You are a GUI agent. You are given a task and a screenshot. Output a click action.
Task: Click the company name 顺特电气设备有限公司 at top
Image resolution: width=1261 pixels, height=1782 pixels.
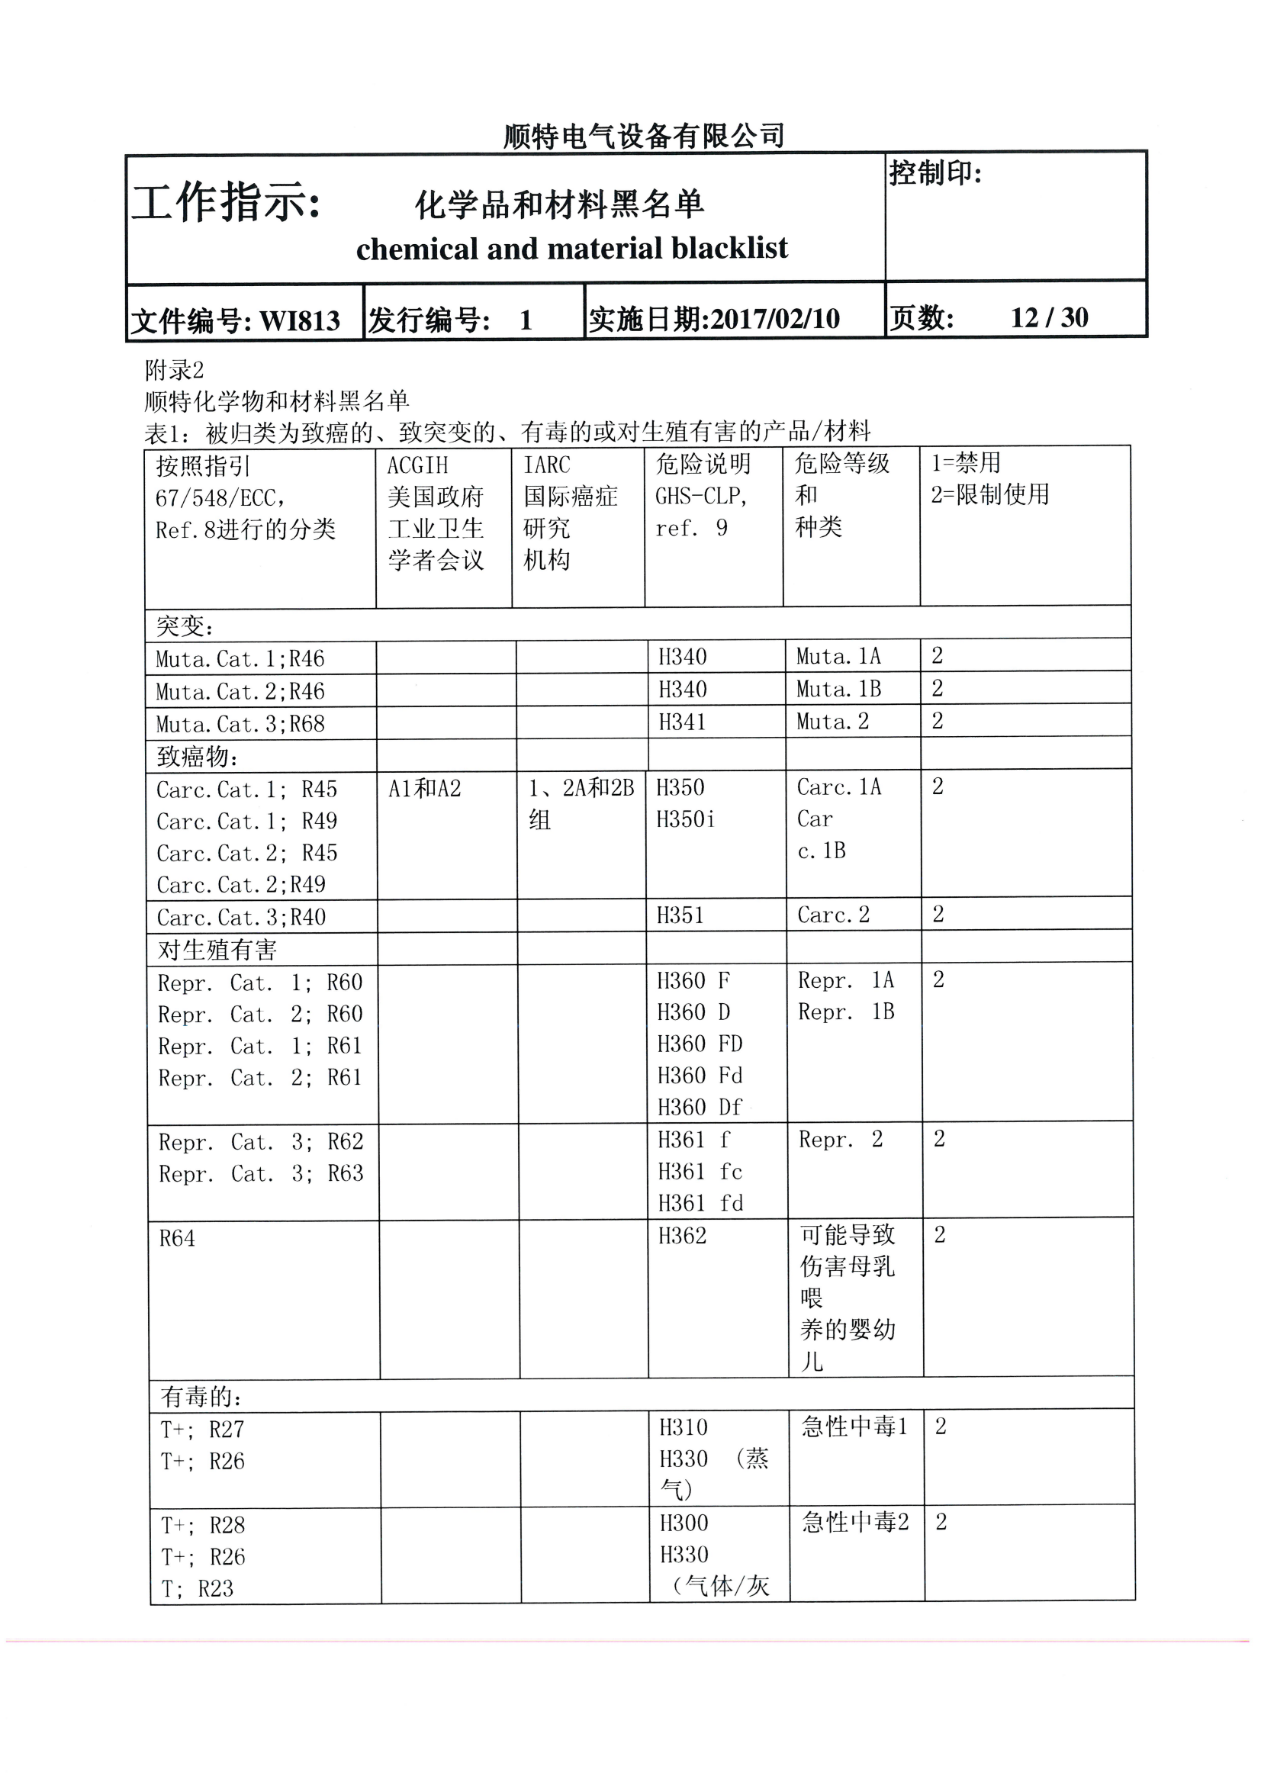pyautogui.click(x=644, y=137)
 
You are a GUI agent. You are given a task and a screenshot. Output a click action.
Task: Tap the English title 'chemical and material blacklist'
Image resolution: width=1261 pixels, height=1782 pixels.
pyautogui.click(x=571, y=249)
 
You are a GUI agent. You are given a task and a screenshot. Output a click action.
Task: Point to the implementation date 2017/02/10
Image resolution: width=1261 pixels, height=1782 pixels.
pyautogui.click(x=774, y=318)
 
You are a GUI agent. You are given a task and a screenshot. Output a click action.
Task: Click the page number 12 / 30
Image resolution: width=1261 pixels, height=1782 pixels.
pyautogui.click(x=1049, y=317)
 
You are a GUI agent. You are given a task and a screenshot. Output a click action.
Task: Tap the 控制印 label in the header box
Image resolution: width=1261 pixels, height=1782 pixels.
pyautogui.click(x=935, y=173)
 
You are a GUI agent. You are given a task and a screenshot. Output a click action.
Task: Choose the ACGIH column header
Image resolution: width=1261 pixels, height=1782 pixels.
pyautogui.click(x=418, y=465)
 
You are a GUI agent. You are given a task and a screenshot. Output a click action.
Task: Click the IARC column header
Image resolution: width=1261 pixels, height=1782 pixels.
pyautogui.click(x=547, y=465)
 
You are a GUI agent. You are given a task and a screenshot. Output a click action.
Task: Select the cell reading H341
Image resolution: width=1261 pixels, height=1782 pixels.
pyautogui.click(x=683, y=722)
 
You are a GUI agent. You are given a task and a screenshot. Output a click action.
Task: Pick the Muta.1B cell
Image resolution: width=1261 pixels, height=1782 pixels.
pyautogui.click(x=838, y=690)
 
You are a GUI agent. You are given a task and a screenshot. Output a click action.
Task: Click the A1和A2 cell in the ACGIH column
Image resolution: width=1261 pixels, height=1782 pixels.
pyautogui.click(x=425, y=789)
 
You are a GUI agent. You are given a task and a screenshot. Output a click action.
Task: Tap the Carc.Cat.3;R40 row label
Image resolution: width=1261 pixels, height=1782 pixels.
pyautogui.click(x=242, y=918)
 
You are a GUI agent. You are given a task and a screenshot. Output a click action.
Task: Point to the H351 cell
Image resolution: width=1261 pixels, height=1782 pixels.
pyautogui.click(x=680, y=915)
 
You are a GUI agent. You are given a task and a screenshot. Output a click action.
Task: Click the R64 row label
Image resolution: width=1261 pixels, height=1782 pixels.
pyautogui.click(x=177, y=1238)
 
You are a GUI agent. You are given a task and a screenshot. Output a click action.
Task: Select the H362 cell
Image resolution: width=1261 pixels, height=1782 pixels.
pyautogui.click(x=683, y=1236)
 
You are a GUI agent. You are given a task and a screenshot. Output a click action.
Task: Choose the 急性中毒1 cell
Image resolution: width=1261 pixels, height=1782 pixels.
pyautogui.click(x=854, y=1427)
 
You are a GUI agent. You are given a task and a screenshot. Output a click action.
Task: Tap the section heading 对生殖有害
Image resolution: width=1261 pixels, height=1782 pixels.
pyautogui.click(x=217, y=951)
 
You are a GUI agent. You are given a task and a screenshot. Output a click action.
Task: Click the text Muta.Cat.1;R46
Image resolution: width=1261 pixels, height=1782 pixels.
pyautogui.click(x=240, y=659)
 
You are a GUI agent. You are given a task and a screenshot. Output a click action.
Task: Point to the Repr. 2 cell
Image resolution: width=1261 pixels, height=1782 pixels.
pyautogui.click(x=841, y=1140)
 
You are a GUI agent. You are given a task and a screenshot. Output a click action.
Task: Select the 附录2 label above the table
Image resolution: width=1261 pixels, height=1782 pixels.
pyautogui.click(x=175, y=371)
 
